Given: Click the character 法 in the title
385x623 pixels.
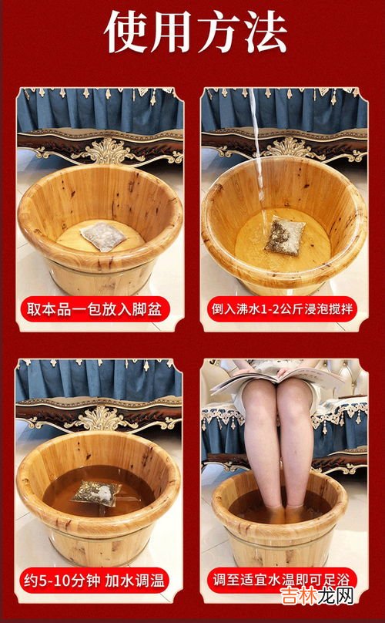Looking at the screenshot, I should pos(261,32).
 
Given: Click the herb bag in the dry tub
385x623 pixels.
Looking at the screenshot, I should pos(100,232).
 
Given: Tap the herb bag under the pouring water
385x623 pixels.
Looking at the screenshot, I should pos(286,234).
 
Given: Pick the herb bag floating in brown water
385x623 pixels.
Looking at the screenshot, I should pos(96,491).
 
